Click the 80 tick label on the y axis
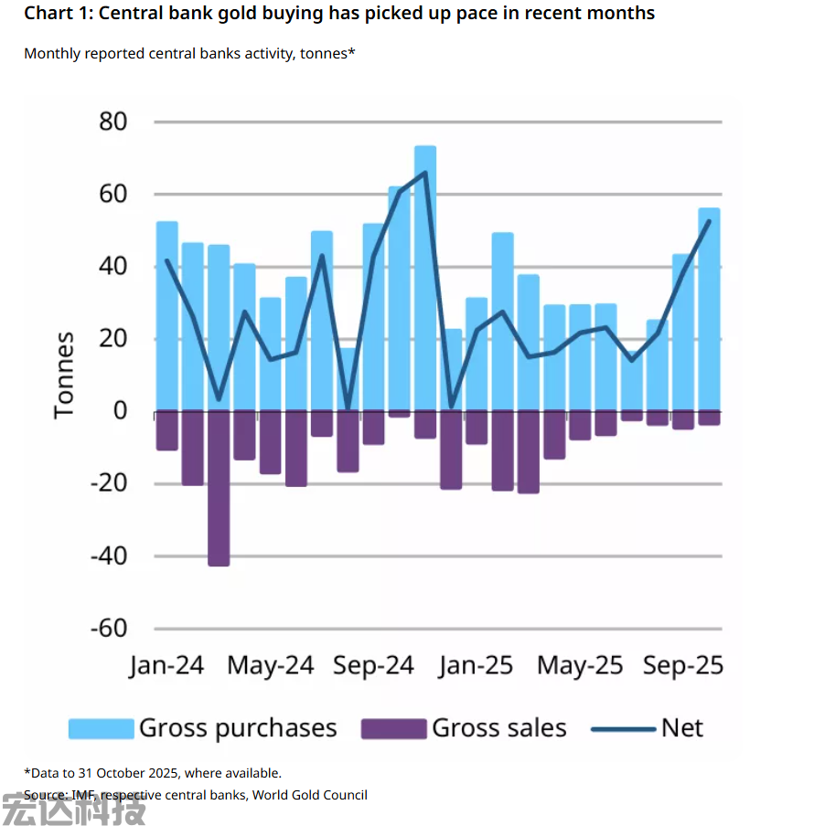coord(108,122)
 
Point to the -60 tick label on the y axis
coord(108,629)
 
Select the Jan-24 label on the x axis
coord(166,665)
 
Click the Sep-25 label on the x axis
coord(682,665)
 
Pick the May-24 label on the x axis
coord(270,665)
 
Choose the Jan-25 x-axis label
coord(476,665)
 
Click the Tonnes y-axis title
coord(64,375)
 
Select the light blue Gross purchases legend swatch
coord(101,728)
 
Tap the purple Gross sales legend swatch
coord(394,728)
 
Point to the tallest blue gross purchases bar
coord(425,274)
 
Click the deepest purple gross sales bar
coord(219,489)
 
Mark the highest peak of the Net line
coord(425,172)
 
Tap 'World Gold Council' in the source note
coord(309,795)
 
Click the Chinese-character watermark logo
coord(73,809)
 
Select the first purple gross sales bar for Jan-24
coord(167,430)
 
